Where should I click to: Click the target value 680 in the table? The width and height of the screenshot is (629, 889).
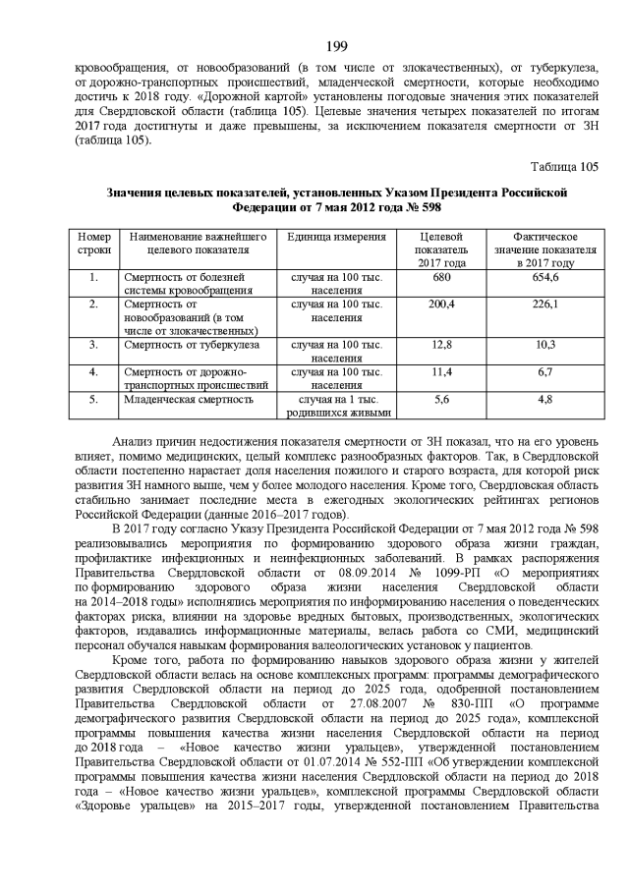pos(441,278)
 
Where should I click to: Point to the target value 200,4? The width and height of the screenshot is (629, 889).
pos(441,306)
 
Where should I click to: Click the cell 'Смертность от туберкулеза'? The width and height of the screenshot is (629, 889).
pos(192,346)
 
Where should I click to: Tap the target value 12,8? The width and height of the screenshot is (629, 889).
pos(441,346)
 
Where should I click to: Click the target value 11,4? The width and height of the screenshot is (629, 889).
pos(441,372)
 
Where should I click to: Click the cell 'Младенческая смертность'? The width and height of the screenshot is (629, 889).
pos(189,400)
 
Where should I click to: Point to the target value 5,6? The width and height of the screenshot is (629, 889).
pos(441,400)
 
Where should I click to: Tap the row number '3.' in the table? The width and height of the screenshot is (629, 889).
pos(93,346)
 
